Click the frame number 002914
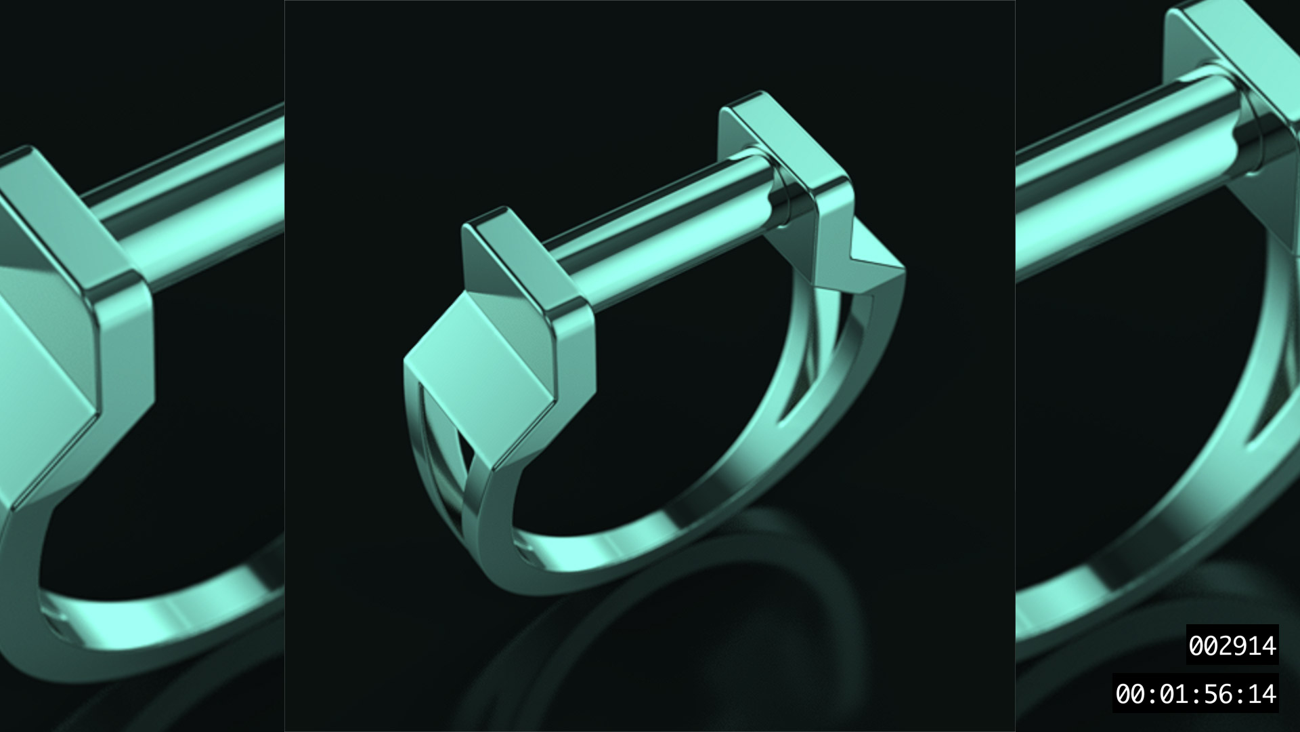[1232, 646]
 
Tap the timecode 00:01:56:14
[1195, 693]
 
